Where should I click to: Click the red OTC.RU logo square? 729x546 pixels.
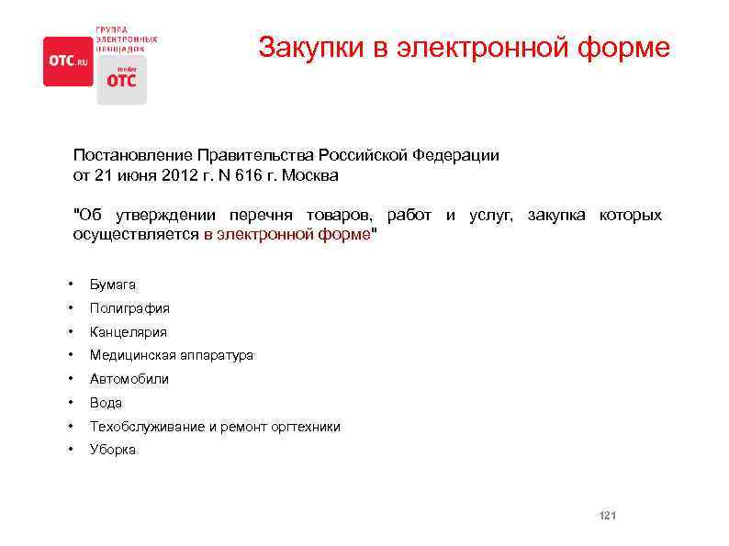click(68, 61)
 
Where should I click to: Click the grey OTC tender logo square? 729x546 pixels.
click(121, 79)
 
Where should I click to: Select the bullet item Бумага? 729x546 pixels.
click(113, 285)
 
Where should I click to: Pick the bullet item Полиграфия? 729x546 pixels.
click(129, 308)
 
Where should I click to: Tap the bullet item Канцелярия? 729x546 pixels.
click(129, 332)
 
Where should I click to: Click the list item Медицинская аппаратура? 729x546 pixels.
click(171, 355)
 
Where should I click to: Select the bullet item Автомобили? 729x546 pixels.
click(129, 379)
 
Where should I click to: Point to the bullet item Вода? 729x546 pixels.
click(106, 403)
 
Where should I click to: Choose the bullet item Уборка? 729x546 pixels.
click(112, 450)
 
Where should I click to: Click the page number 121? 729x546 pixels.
click(607, 517)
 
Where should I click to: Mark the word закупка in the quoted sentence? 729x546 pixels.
click(558, 215)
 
